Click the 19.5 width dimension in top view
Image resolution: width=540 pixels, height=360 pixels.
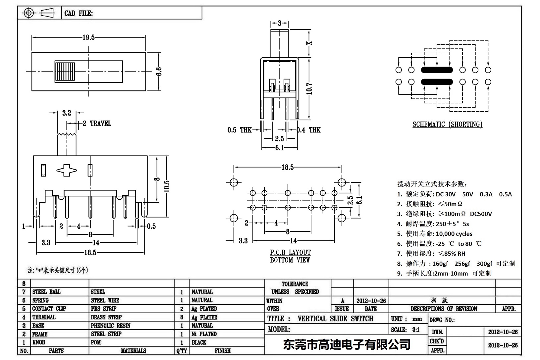click(x=88, y=38)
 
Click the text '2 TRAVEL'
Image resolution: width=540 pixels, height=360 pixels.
click(x=97, y=124)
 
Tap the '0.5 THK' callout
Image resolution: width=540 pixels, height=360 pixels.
click(x=239, y=130)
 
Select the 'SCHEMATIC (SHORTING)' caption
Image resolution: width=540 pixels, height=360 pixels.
click(x=447, y=125)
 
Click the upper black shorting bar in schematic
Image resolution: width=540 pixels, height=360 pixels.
click(x=437, y=70)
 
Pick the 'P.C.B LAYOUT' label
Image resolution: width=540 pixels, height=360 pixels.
click(x=290, y=253)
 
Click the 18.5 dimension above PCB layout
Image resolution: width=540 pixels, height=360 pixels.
click(x=287, y=168)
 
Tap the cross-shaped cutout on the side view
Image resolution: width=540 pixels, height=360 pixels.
click(x=67, y=171)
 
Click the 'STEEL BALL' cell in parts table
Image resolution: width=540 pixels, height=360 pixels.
click(x=46, y=292)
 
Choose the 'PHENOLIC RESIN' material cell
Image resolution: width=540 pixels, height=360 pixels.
click(x=110, y=326)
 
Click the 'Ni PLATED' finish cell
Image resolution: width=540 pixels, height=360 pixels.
click(x=204, y=334)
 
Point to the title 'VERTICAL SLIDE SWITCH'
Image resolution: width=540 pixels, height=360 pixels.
click(x=335, y=319)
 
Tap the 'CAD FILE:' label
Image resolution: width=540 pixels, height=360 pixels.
click(x=79, y=13)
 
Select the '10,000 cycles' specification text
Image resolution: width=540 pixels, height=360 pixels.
click(x=454, y=234)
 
